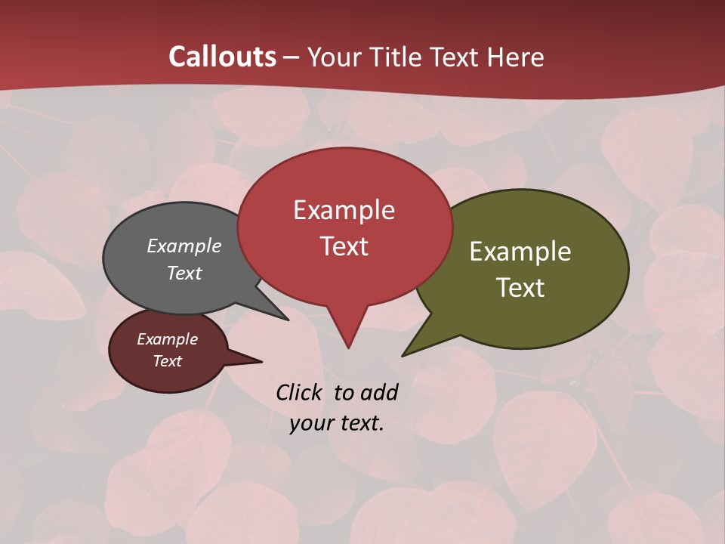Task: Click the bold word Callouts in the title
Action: click(x=222, y=57)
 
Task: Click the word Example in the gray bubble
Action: click(x=184, y=246)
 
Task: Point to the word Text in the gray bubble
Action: click(x=184, y=273)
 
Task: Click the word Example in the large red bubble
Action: click(x=344, y=210)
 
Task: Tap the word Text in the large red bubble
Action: click(x=344, y=246)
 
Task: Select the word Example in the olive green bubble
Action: click(x=520, y=252)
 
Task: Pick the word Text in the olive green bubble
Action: click(x=520, y=288)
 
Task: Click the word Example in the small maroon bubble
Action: click(x=168, y=339)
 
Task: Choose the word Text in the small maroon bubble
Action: click(x=168, y=361)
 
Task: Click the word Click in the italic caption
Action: click(x=299, y=392)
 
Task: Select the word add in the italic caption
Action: click(x=378, y=392)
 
